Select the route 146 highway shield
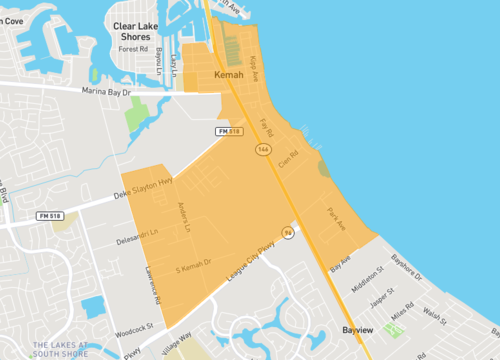(262, 149)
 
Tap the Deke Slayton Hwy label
(144, 188)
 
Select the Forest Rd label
(132, 48)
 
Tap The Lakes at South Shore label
(60, 350)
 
